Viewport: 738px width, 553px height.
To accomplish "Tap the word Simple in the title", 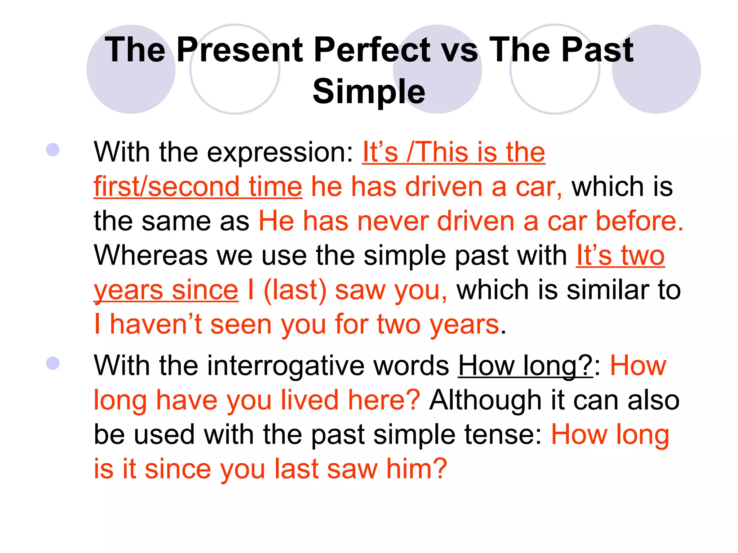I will (x=369, y=91).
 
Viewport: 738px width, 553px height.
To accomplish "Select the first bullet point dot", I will (x=53, y=150).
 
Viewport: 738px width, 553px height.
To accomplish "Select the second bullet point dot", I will (x=53, y=363).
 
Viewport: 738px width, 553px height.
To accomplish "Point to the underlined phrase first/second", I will (x=166, y=187).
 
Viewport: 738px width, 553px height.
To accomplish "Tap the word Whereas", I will (x=150, y=255).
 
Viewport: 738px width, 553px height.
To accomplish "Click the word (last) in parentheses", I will (x=295, y=290).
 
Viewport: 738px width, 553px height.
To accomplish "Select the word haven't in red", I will (x=156, y=324).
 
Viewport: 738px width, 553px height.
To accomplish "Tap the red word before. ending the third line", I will (x=639, y=221).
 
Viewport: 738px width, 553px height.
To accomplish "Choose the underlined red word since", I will (x=205, y=290).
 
